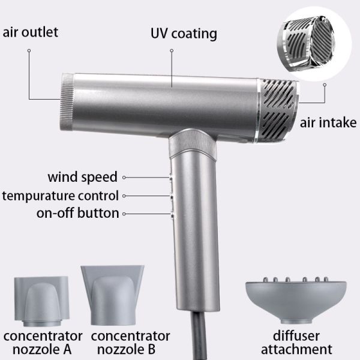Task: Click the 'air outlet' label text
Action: (30, 32)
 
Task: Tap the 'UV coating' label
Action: (184, 34)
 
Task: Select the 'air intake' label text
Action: (328, 122)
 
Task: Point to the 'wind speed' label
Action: (82, 177)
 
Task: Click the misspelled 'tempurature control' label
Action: (61, 196)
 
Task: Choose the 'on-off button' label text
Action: (77, 213)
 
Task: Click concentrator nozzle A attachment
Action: (41, 301)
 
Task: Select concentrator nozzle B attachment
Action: (113, 295)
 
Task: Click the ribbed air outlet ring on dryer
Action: (67, 101)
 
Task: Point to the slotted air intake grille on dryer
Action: (278, 110)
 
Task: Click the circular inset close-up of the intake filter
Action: (314, 44)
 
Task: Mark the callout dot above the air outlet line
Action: (29, 50)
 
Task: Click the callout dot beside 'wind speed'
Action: (124, 178)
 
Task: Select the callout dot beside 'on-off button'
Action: (124, 214)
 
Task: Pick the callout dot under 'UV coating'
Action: (172, 50)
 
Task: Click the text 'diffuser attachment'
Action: (296, 343)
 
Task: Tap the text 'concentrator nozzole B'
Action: (130, 343)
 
